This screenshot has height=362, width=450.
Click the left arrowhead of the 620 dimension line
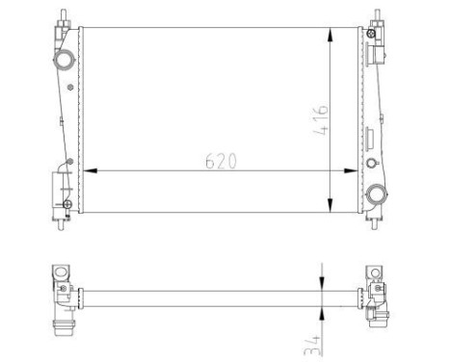90,170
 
